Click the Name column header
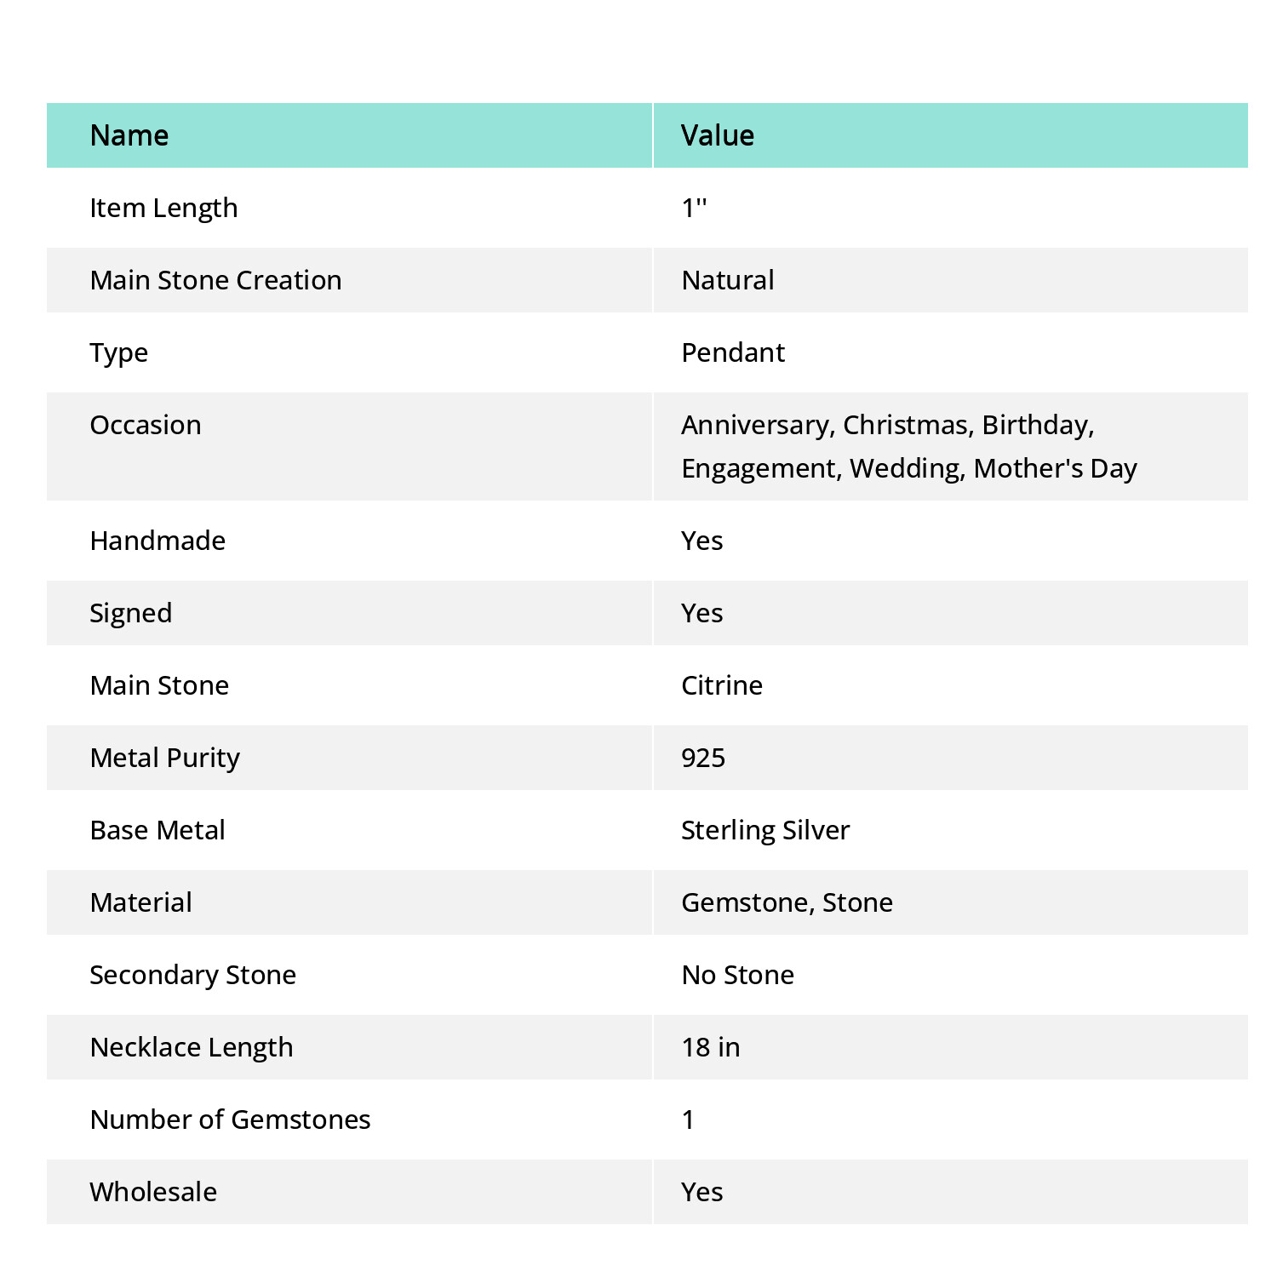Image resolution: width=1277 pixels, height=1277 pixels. click(129, 135)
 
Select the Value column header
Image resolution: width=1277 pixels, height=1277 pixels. click(717, 135)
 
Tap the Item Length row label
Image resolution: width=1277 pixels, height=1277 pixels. click(163, 208)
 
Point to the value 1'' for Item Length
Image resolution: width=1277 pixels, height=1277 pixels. click(694, 208)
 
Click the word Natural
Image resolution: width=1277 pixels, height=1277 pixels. click(728, 280)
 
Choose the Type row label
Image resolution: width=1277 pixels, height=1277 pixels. click(118, 352)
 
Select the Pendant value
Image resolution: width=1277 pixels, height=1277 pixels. click(733, 352)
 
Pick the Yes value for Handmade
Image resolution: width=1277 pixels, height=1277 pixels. click(701, 541)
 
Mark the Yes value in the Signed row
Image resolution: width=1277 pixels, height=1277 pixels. click(701, 613)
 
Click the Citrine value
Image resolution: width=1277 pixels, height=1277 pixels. click(722, 685)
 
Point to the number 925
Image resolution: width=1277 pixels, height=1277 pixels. click(703, 758)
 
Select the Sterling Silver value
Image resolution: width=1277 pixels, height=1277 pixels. click(765, 830)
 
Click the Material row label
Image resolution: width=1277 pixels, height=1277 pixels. click(140, 902)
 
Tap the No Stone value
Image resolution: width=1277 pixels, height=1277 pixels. click(737, 975)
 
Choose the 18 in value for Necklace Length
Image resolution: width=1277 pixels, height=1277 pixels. click(710, 1047)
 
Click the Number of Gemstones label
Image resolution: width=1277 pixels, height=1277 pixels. click(230, 1120)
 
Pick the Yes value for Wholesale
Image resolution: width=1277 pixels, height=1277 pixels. click(701, 1192)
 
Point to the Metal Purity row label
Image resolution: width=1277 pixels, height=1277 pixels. click(164, 758)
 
